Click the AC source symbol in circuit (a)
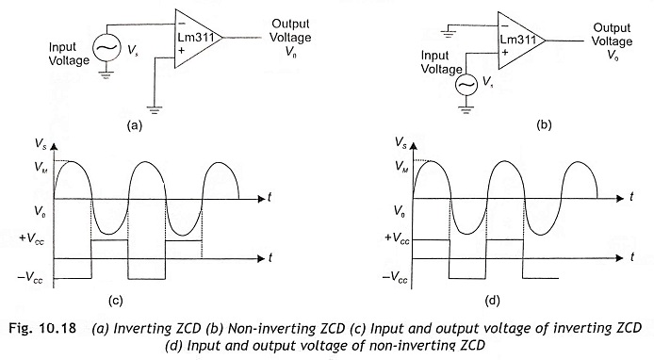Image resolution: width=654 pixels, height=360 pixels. [106, 47]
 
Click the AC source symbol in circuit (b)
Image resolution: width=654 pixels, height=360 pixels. [466, 85]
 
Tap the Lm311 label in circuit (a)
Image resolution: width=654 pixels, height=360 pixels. [196, 37]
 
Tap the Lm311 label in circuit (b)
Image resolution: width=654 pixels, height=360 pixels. [518, 40]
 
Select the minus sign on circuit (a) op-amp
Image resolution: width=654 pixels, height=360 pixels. [182, 24]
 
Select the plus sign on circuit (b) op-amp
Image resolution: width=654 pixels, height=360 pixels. [505, 53]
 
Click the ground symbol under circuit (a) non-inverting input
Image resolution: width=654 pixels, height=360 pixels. [155, 110]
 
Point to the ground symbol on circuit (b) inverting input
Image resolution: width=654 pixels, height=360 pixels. [449, 33]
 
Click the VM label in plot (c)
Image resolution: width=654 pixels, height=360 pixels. [41, 168]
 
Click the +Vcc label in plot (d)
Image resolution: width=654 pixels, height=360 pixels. [397, 238]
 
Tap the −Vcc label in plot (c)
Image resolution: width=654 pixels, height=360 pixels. [30, 278]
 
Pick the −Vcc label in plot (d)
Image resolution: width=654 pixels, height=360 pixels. [395, 278]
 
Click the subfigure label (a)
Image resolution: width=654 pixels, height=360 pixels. [135, 125]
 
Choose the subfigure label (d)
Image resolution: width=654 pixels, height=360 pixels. [492, 301]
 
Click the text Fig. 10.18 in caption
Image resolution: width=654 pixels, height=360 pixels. [42, 328]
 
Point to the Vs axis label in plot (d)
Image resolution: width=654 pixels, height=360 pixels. [401, 143]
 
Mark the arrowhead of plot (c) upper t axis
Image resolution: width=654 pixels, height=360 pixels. [262, 199]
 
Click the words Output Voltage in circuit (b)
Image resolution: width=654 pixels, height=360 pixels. [612, 35]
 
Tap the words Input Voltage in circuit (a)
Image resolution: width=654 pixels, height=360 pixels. [69, 54]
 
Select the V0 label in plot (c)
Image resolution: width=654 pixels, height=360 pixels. [40, 212]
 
